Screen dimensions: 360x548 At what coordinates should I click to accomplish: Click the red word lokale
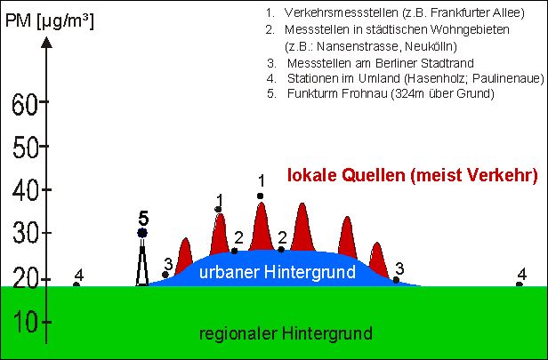(314, 176)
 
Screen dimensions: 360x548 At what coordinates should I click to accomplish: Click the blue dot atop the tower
(142, 233)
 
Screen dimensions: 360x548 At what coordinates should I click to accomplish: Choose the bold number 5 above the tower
(143, 216)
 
